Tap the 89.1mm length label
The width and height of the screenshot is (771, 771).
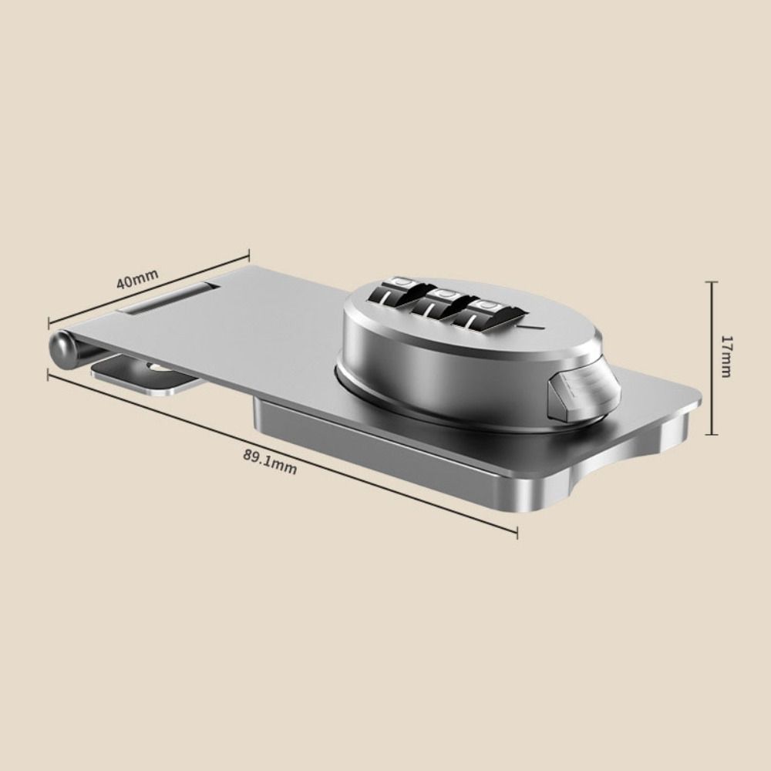click(x=270, y=462)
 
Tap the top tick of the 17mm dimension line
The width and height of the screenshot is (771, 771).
click(x=711, y=283)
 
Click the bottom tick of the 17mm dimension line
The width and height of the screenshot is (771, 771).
click(x=711, y=435)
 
